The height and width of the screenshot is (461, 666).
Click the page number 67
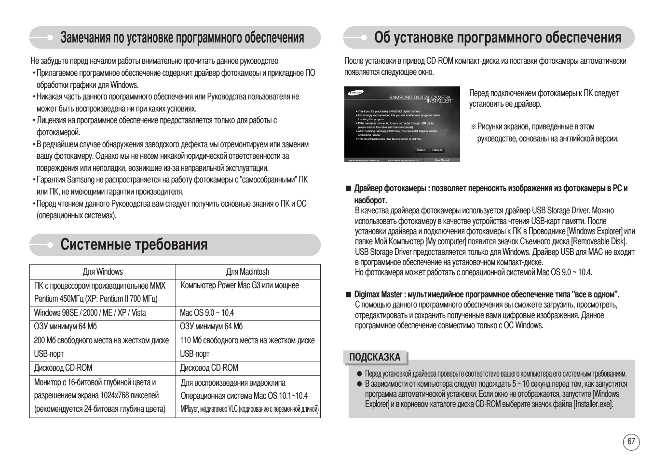[631, 442]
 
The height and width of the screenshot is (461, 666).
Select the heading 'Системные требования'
[134, 245]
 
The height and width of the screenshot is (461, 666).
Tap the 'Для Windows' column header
[103, 272]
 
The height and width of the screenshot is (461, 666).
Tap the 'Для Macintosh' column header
[247, 272]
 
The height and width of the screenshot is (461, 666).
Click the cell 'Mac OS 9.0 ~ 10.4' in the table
[207, 313]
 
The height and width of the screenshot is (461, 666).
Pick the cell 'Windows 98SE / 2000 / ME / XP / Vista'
[90, 313]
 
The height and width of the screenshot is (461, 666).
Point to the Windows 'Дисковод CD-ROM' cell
[63, 368]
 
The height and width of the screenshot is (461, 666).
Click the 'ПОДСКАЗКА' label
[375, 357]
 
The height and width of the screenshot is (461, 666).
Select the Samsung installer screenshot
[402, 124]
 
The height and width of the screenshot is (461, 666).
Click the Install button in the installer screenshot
[421, 150]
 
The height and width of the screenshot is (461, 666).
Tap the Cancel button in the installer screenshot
[437, 150]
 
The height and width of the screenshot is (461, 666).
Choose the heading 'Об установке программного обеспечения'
[498, 38]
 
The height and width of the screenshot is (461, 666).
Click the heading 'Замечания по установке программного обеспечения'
[182, 38]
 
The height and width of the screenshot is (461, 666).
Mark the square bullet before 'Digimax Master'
[348, 294]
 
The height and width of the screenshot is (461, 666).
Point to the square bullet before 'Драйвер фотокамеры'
[348, 188]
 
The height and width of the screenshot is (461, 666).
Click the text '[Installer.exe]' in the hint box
[593, 404]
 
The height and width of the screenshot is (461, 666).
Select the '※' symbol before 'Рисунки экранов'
[473, 127]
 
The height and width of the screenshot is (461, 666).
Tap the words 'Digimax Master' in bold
[378, 294]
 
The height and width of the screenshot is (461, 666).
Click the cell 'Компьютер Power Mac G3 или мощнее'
[240, 285]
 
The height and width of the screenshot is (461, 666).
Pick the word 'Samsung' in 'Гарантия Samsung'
[81, 180]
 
